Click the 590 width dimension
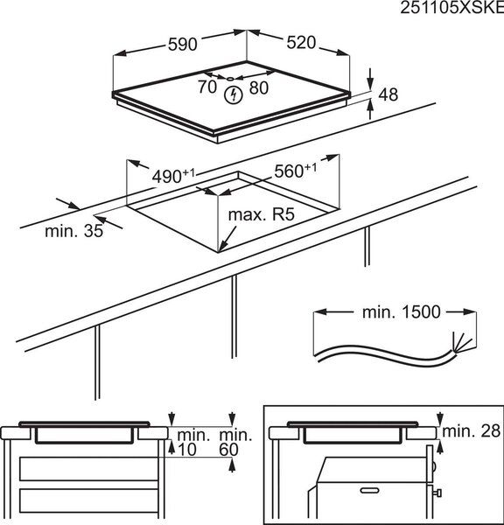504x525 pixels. pos(183,45)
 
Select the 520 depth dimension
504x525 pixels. pos(301,43)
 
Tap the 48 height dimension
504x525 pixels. pos(388,94)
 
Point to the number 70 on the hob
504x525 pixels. pos(207,87)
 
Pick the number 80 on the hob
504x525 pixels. pos(259,87)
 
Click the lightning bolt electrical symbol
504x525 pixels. pos(233,94)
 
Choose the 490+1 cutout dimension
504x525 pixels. pos(173,176)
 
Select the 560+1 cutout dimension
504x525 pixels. pos(295,171)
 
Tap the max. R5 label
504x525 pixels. pos(262,214)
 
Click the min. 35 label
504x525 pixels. pos(74,231)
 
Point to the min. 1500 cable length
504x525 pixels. pos(402,312)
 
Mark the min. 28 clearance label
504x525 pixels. pos(472,430)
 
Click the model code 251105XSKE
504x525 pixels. pos(452,8)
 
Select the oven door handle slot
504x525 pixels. pos(370,490)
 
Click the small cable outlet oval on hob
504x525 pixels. pos(231,79)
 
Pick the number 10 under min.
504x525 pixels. pos(187,450)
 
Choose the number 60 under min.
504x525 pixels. pos(228,450)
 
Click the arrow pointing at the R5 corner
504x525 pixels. pos(227,239)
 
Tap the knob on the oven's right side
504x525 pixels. pos(438,493)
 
